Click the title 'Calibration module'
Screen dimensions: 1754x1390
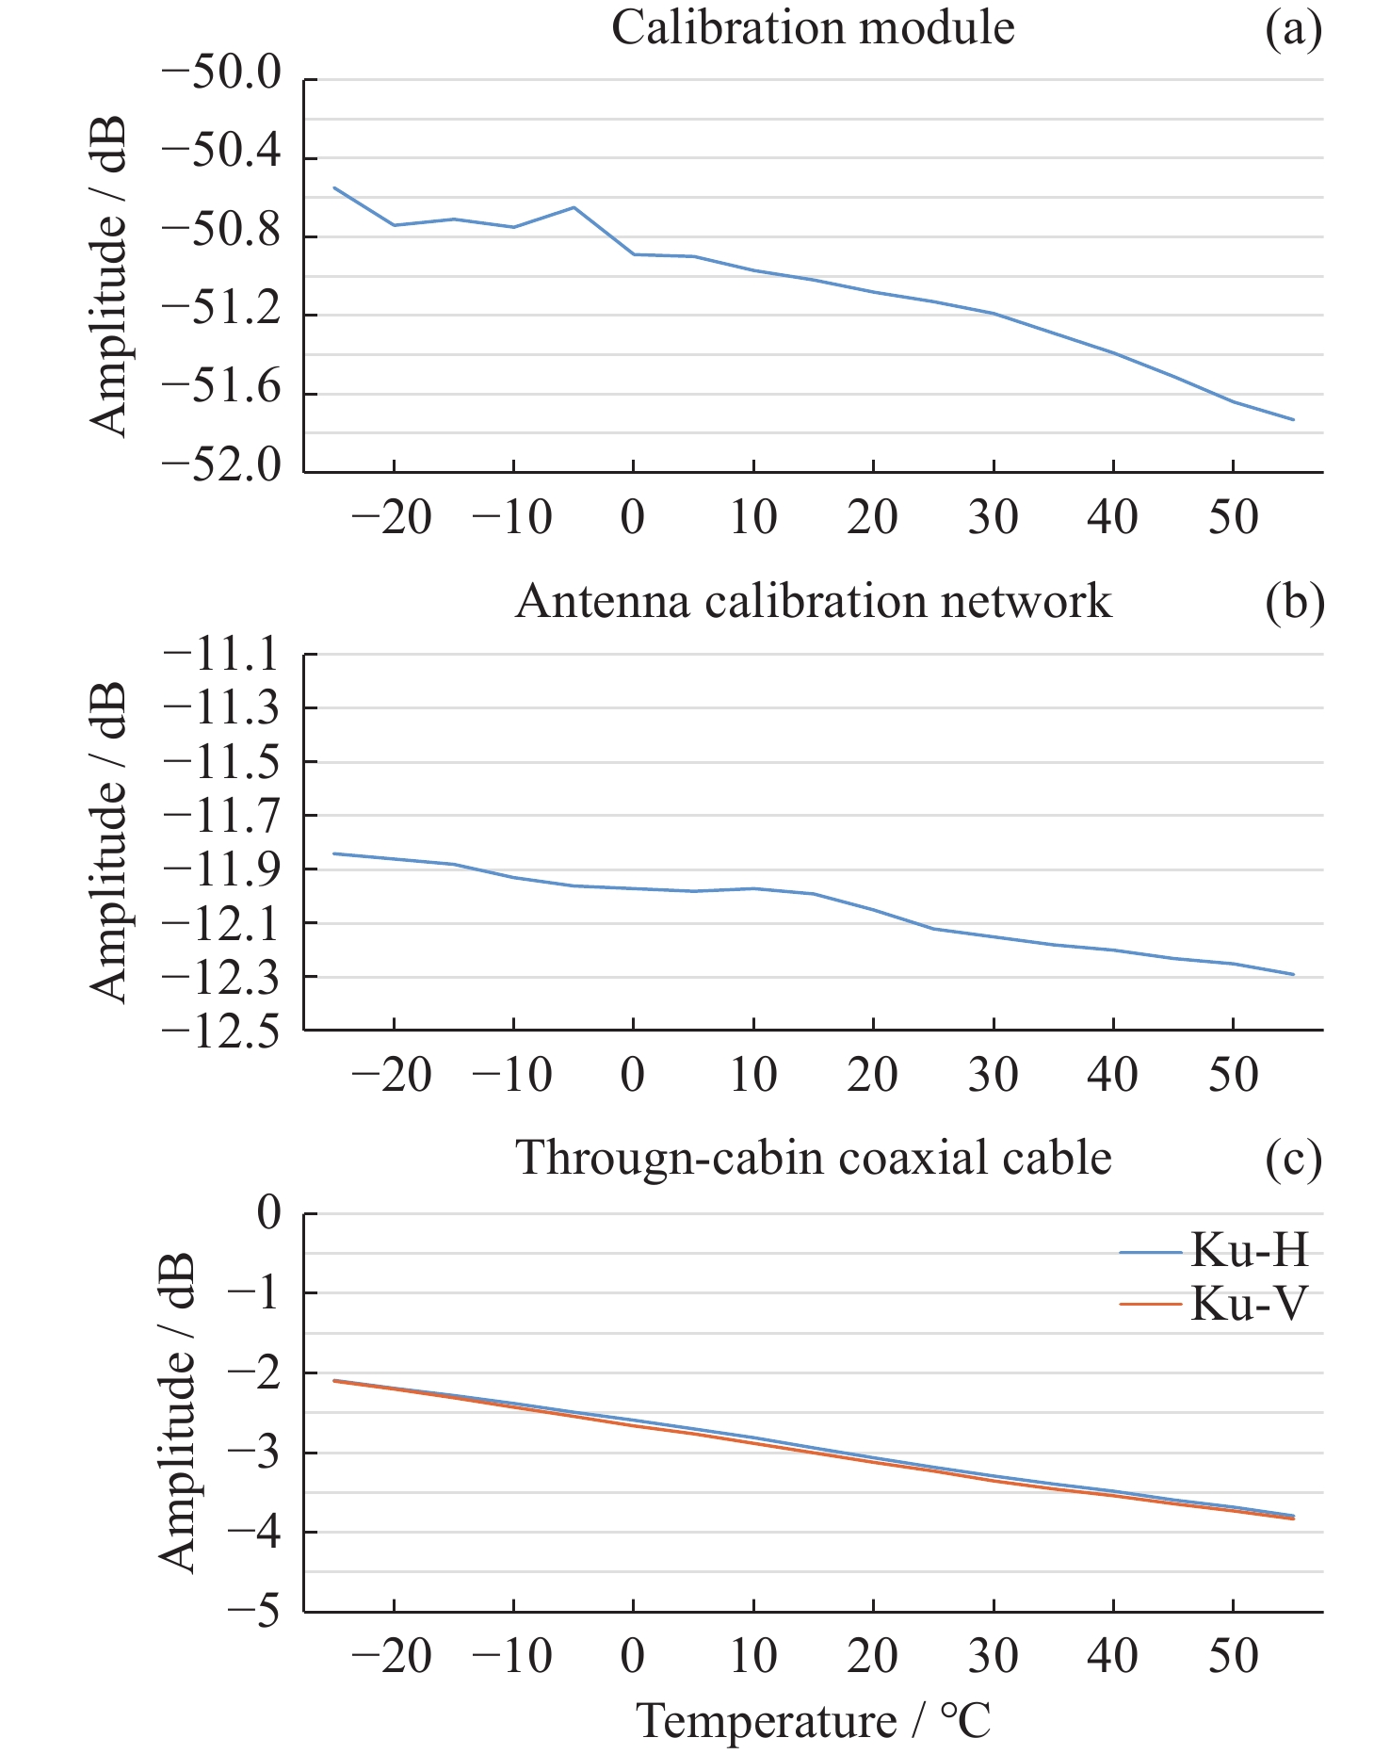coord(813,28)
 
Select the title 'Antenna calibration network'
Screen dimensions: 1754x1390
coord(813,601)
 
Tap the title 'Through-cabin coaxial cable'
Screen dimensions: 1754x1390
coord(813,1157)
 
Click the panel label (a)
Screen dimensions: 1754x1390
coord(1293,30)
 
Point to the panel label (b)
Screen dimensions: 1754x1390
coord(1294,603)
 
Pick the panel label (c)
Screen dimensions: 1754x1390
coord(1293,1159)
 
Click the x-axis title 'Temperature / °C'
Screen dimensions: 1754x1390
coord(815,1720)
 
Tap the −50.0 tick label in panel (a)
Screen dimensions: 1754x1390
coord(222,75)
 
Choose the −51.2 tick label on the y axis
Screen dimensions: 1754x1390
coord(222,312)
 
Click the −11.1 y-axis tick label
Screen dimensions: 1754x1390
coord(222,655)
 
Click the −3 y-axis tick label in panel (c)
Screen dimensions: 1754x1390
coord(254,1453)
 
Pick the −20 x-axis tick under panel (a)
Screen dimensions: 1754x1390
coord(393,517)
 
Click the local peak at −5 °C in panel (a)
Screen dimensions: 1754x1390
coord(574,207)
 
